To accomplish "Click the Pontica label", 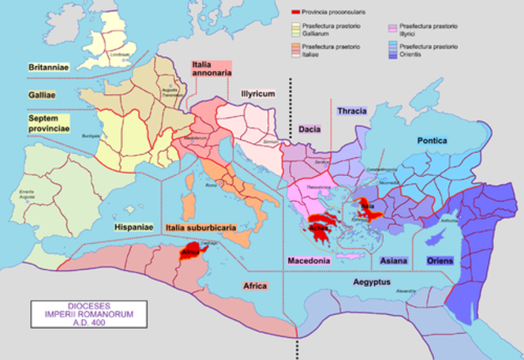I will tap(432, 141).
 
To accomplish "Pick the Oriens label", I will tap(440, 260).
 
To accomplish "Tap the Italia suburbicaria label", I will tap(199, 227).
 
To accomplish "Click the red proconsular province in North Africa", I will tap(192, 251).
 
